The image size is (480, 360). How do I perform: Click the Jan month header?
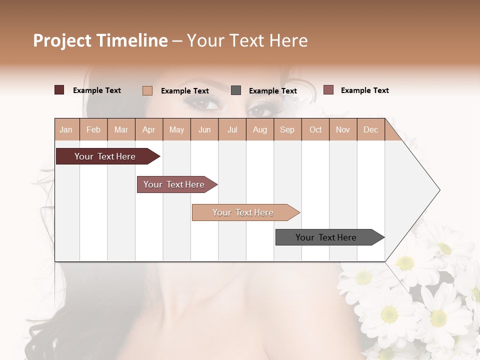[x=66, y=130]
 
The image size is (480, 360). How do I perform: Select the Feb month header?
[x=93, y=130]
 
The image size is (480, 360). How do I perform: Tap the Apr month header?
[x=148, y=130]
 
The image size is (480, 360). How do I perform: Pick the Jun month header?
[x=204, y=130]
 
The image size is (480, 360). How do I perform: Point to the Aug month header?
[x=259, y=130]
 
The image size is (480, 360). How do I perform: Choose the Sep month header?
[x=287, y=130]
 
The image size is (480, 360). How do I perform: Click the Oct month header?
[x=315, y=130]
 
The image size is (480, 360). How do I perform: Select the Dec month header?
[x=370, y=130]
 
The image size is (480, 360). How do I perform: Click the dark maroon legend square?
[x=59, y=90]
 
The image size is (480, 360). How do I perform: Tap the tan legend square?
[x=147, y=90]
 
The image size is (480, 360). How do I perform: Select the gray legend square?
[x=236, y=90]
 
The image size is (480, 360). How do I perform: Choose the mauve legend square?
[x=328, y=90]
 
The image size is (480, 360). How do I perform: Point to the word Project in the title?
[x=62, y=40]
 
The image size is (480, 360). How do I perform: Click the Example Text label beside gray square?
[x=272, y=91]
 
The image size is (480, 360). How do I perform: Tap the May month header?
[x=176, y=130]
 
